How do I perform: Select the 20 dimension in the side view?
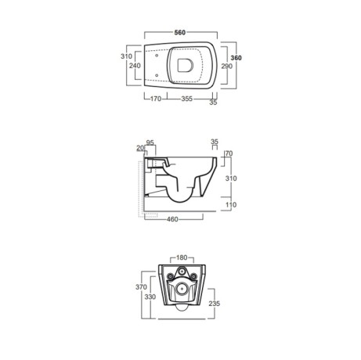(139, 147)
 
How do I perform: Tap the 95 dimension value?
(150, 142)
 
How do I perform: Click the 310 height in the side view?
(231, 178)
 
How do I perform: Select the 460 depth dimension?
(175, 219)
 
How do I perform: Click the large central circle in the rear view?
(182, 287)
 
